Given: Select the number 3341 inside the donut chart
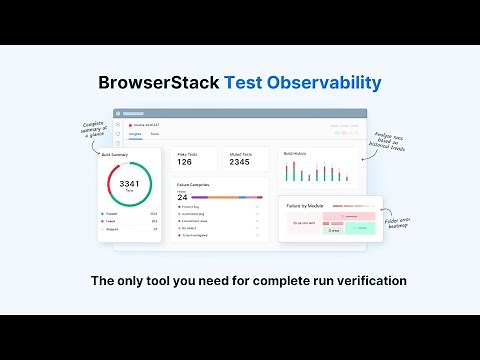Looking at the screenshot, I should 129,184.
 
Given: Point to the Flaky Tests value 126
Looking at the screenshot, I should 185,161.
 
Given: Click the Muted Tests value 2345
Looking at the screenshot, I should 240,161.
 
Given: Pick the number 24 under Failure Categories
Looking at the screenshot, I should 182,198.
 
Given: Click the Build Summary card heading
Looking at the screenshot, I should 114,154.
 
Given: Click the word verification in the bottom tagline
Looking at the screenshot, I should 368,281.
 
